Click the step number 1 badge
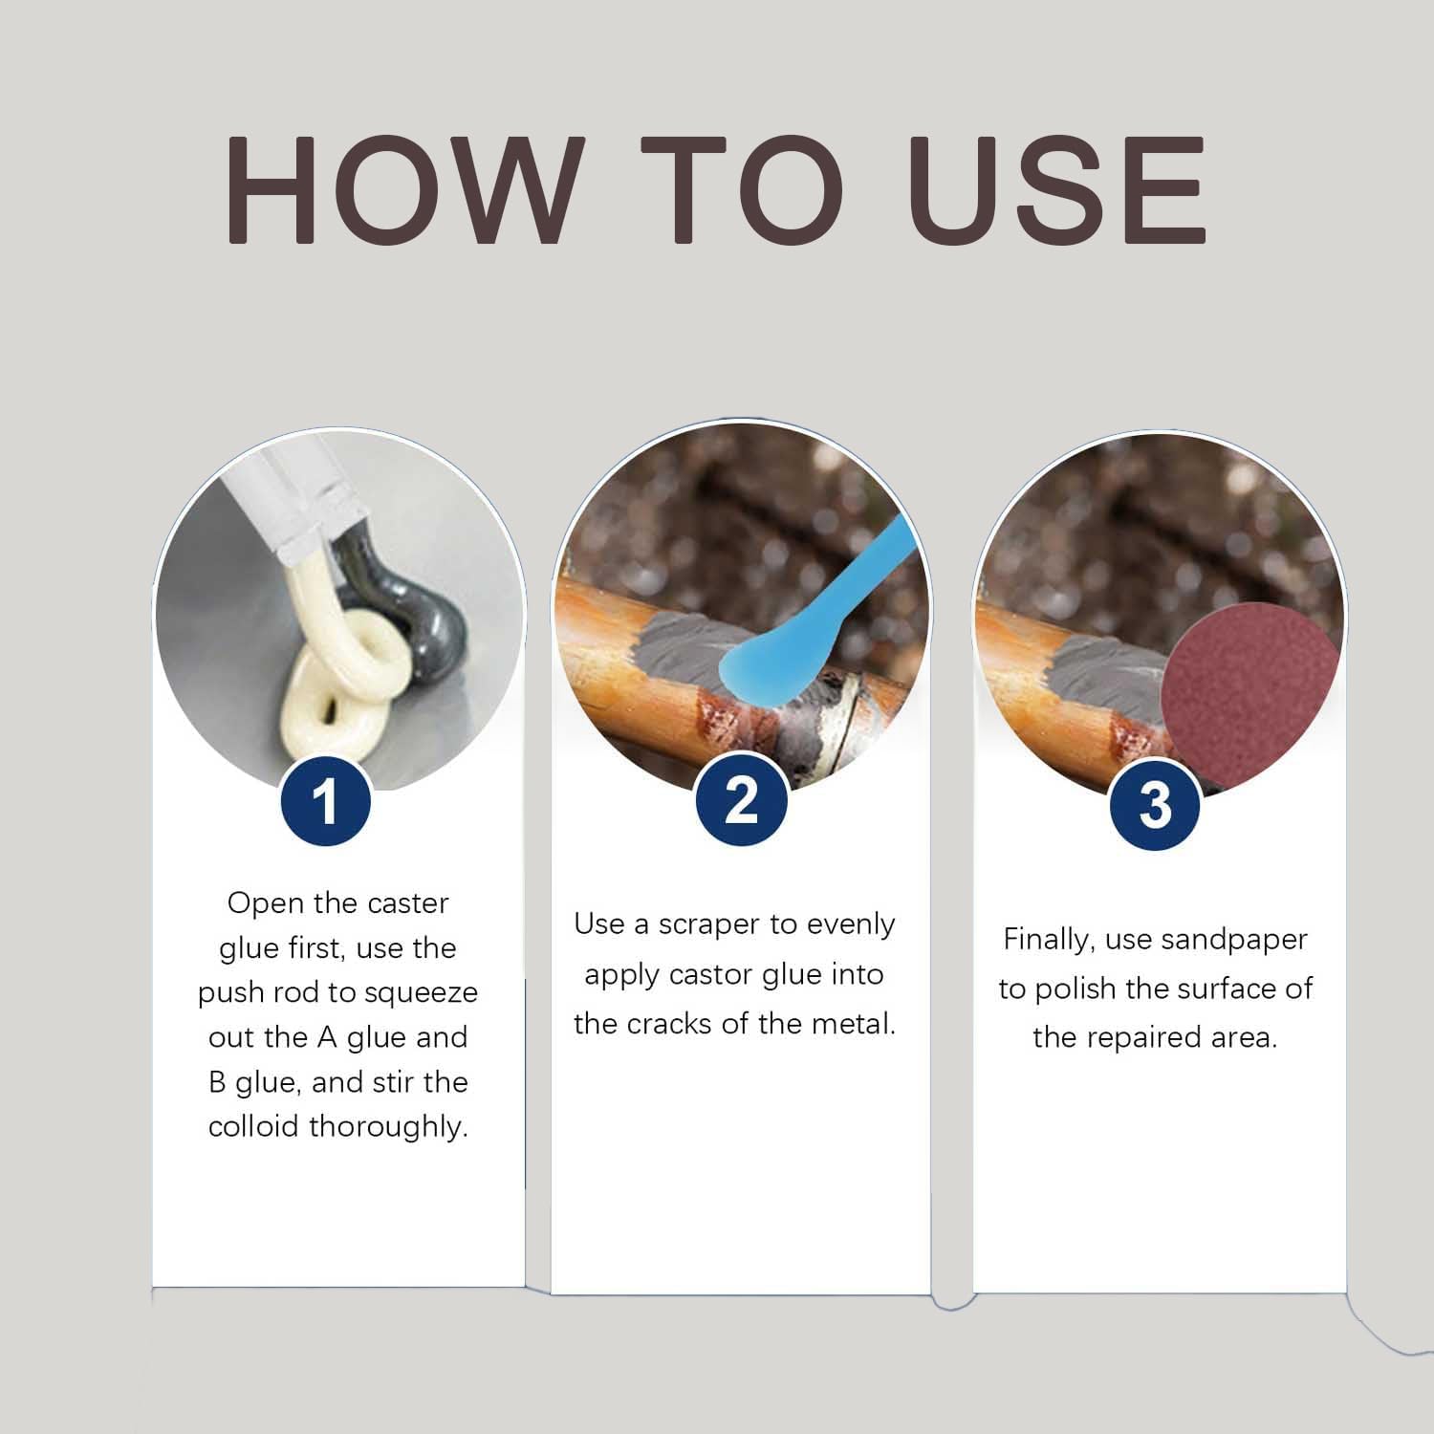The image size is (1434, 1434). pos(326,802)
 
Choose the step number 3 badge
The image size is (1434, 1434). pos(1155,803)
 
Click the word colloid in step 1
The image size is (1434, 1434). pos(254,1126)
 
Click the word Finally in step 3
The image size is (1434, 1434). pos(1049,942)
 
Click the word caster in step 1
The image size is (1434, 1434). pos(405,904)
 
